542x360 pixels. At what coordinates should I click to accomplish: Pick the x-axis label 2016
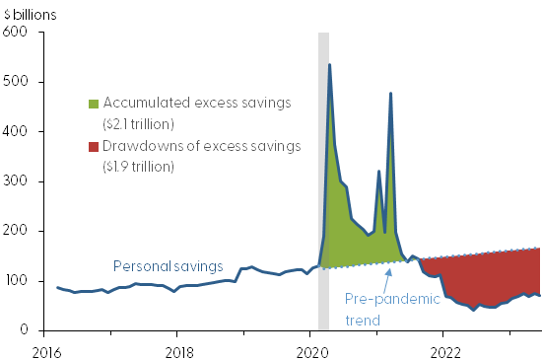pyautogui.click(x=45, y=349)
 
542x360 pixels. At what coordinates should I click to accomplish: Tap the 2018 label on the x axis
pyautogui.click(x=178, y=349)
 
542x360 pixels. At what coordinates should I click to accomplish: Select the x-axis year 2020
pyautogui.click(x=311, y=349)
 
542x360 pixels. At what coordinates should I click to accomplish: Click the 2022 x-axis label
pyautogui.click(x=444, y=349)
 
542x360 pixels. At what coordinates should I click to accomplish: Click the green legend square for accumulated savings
pyautogui.click(x=94, y=104)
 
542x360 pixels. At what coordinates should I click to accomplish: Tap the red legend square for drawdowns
pyautogui.click(x=94, y=148)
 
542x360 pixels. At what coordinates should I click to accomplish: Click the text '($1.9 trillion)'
pyautogui.click(x=141, y=167)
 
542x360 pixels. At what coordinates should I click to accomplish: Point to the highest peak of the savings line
pyautogui.click(x=329, y=65)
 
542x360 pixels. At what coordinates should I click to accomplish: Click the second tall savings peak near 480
pyautogui.click(x=391, y=94)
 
